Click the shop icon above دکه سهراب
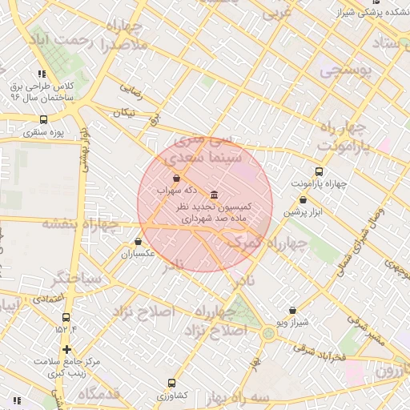point(176,178)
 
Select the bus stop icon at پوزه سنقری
point(43,119)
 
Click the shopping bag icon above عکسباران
point(139,241)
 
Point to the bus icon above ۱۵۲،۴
point(66,317)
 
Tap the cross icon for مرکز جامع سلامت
point(66,349)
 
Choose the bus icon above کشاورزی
point(171,383)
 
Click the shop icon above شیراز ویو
point(292,310)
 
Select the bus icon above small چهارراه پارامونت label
point(320,171)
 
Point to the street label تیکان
point(124,113)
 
